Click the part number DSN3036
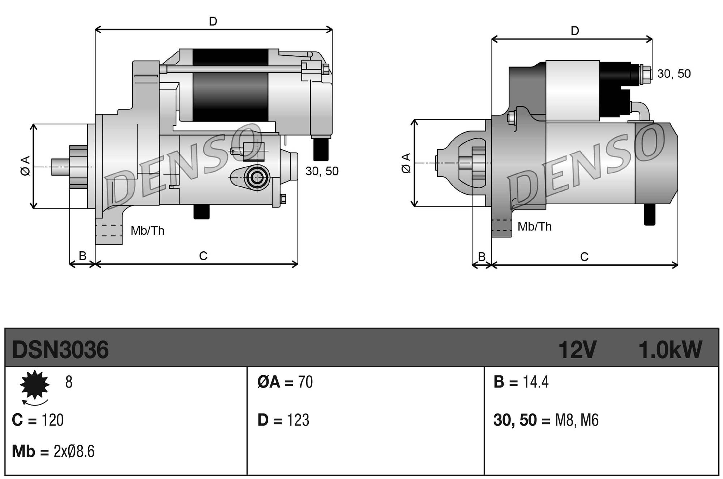[60, 350]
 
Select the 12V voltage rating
[577, 350]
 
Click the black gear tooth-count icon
[35, 385]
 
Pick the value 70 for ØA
[305, 382]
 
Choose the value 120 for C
[53, 420]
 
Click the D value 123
[298, 420]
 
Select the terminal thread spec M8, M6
[577, 420]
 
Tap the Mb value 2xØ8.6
[74, 452]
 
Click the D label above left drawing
[213, 21]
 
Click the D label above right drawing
[575, 31]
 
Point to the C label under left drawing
[203, 256]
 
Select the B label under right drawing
[482, 256]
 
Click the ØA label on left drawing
[25, 166]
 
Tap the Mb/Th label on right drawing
[534, 227]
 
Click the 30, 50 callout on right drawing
[674, 74]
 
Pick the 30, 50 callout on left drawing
[322, 171]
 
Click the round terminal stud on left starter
[257, 178]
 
